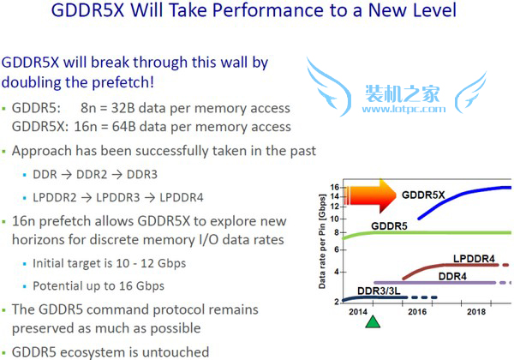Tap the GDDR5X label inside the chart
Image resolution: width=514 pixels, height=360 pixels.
[423, 195]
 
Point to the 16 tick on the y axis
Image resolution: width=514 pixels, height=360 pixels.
[336, 187]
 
